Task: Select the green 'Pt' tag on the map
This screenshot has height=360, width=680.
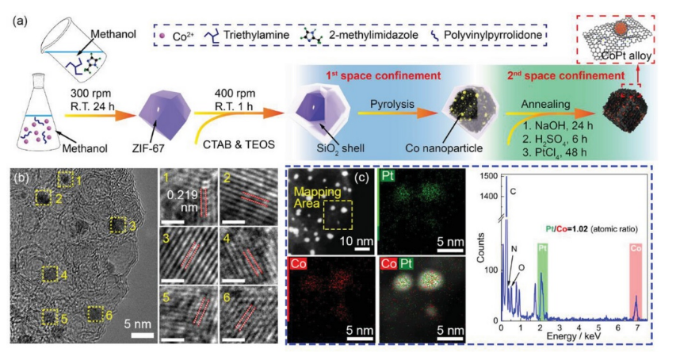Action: pos(388,178)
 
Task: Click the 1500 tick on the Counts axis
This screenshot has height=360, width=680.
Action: pos(489,175)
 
